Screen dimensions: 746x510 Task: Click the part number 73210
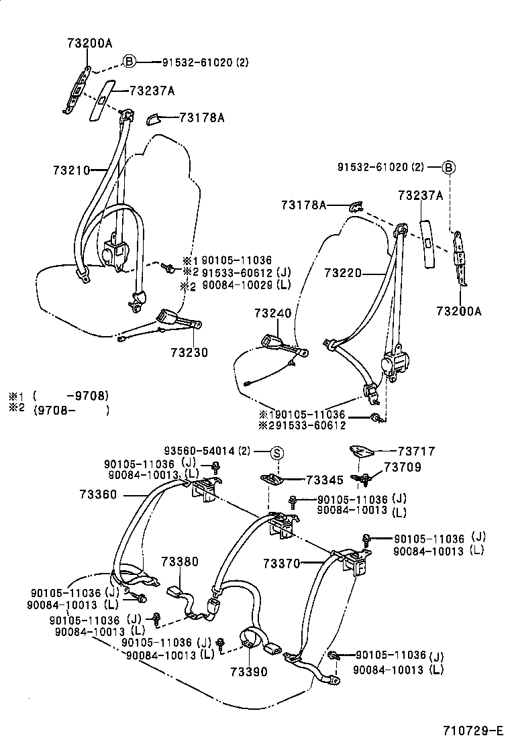[x=71, y=170]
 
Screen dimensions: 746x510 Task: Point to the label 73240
[x=273, y=313]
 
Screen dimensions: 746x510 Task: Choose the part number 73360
[x=98, y=494]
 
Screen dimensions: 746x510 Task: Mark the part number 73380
[x=179, y=561]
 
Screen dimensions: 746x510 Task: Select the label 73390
[x=249, y=672]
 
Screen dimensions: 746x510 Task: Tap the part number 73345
[x=325, y=480]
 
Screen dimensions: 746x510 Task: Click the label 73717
[x=417, y=452]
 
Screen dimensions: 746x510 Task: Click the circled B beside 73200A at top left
[x=129, y=62]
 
